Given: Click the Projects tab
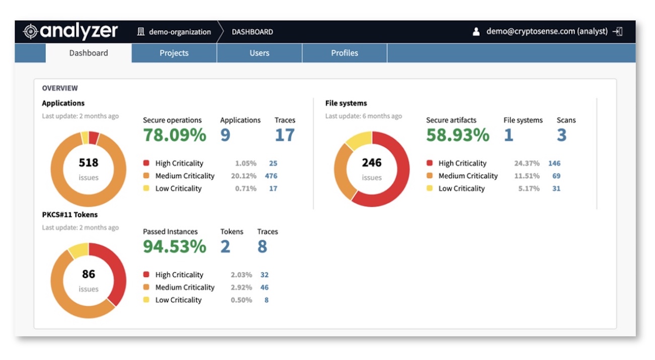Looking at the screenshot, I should click(174, 53).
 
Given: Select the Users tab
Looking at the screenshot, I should click(259, 53).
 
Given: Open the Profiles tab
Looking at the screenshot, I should click(345, 53).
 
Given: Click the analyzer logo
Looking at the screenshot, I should click(71, 32).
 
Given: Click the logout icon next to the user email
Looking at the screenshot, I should click(617, 32).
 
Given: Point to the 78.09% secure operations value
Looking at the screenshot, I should click(174, 135).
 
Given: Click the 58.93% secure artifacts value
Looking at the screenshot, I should click(457, 135).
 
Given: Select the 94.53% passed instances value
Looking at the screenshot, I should click(174, 247).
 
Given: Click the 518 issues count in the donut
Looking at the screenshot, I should click(89, 163).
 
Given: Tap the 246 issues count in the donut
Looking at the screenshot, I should click(372, 163).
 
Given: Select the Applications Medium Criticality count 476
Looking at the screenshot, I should click(271, 176).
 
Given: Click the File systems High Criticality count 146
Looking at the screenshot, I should click(554, 163).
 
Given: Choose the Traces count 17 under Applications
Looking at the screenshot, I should click(285, 135).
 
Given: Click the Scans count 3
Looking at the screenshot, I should click(562, 135).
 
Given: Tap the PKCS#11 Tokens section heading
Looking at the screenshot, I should click(70, 214).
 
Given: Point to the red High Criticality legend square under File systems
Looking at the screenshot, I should click(430, 163).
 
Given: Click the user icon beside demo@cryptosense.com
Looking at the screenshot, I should click(476, 32).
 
